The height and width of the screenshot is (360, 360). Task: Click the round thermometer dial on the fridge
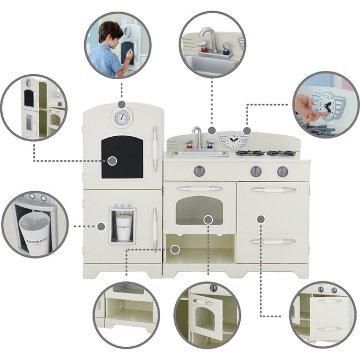pyautogui.click(x=121, y=117)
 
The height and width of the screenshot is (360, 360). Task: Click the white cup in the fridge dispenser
pyautogui.click(x=124, y=227)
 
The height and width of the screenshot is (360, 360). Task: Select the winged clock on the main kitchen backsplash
pyautogui.click(x=230, y=141)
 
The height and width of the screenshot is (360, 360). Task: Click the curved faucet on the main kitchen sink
pyautogui.click(x=197, y=136)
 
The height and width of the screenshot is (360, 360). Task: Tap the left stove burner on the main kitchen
pyautogui.click(x=250, y=153)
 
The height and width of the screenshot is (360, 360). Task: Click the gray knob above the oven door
pyautogui.click(x=199, y=171)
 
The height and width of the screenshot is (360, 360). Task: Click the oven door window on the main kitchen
pyautogui.click(x=199, y=209)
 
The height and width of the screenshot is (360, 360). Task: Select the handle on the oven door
pyautogui.click(x=199, y=189)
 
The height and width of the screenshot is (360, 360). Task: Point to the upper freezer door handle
pyautogui.click(x=155, y=141)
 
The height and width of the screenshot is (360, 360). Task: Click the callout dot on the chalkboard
pyautogui.click(x=112, y=161)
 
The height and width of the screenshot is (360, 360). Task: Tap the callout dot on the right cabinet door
pyautogui.click(x=261, y=219)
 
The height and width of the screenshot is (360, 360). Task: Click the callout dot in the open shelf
pyautogui.click(x=175, y=249)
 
